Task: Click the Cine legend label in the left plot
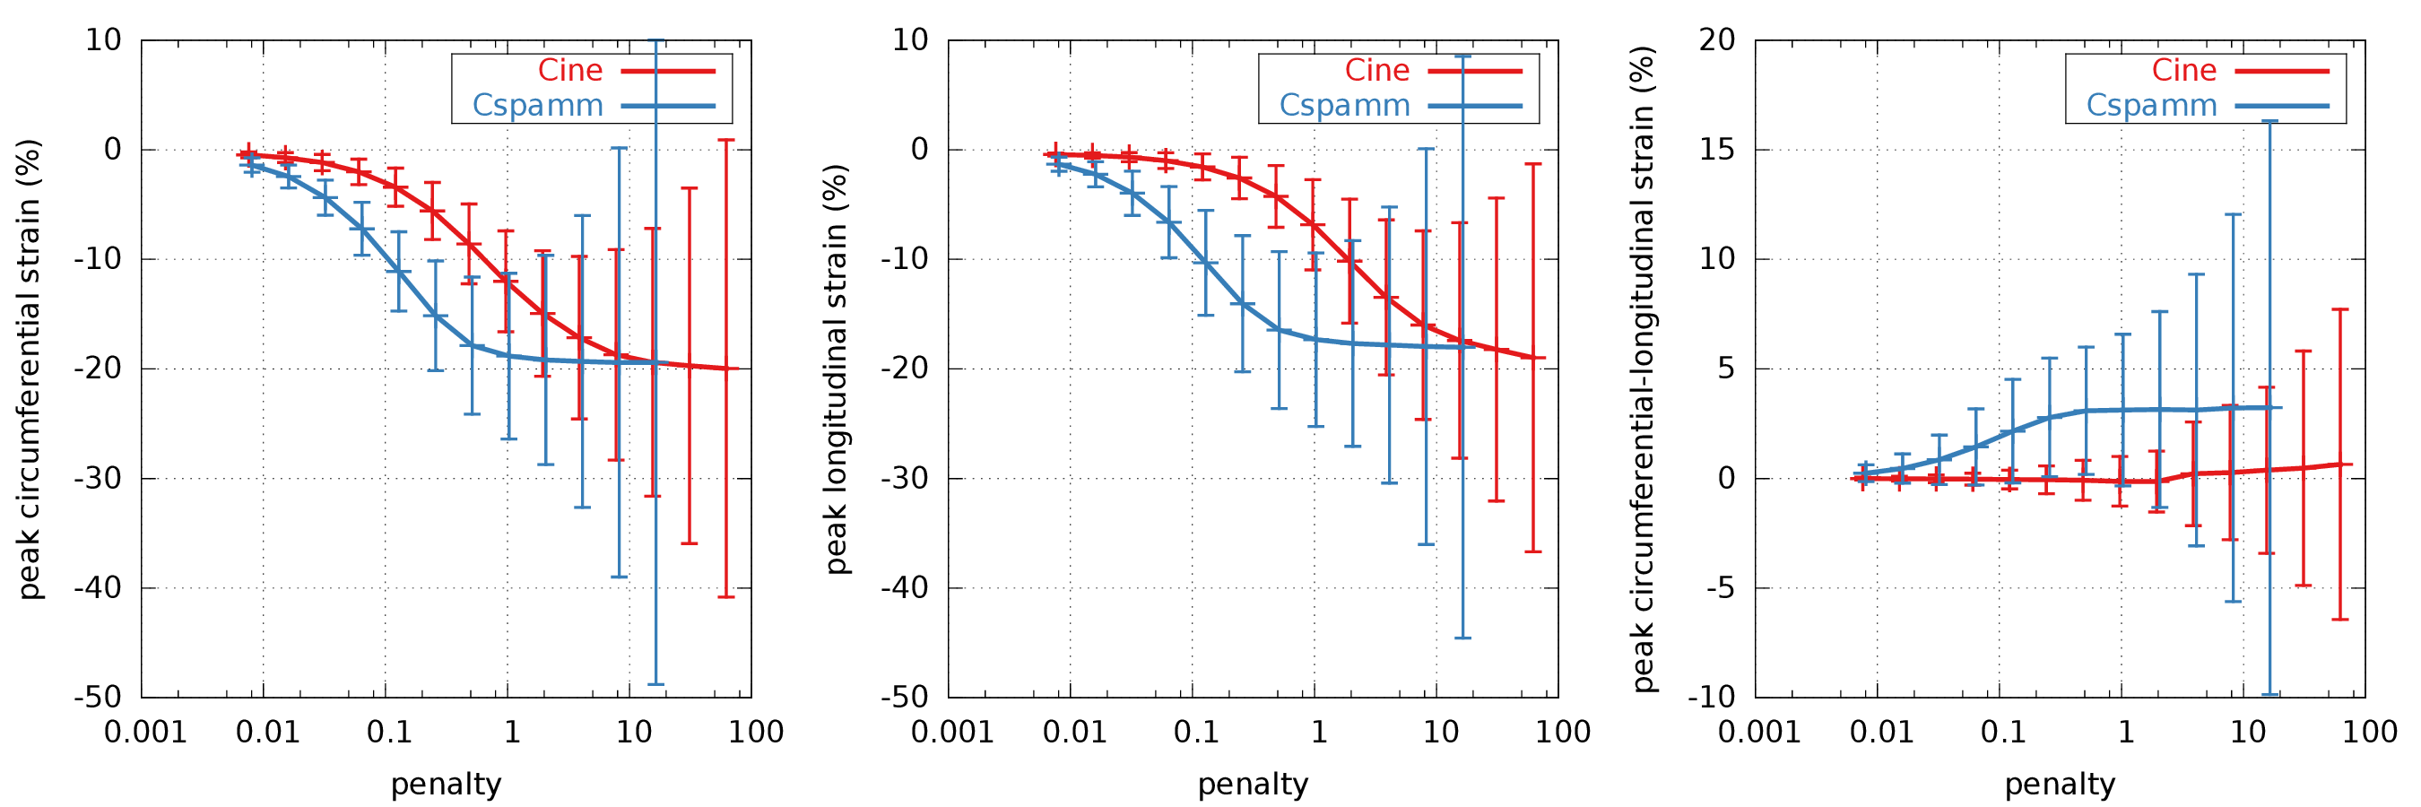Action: (569, 71)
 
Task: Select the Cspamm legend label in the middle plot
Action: (1344, 105)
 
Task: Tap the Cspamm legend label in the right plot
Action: (2151, 105)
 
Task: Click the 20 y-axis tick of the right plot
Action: (1717, 40)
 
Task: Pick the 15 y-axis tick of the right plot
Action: (1717, 150)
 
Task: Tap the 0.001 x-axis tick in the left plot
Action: (144, 732)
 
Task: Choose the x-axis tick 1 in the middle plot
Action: (1319, 732)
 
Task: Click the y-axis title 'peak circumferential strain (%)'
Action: (30, 369)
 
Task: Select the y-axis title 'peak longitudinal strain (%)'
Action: (837, 369)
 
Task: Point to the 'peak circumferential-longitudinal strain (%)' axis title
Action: (1643, 369)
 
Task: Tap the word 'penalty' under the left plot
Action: (446, 785)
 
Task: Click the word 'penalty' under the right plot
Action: (2061, 785)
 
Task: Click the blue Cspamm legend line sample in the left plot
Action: (668, 106)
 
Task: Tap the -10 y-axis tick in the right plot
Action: (1712, 698)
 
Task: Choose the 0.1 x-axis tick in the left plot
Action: (389, 732)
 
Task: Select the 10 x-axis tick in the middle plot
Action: (1441, 732)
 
